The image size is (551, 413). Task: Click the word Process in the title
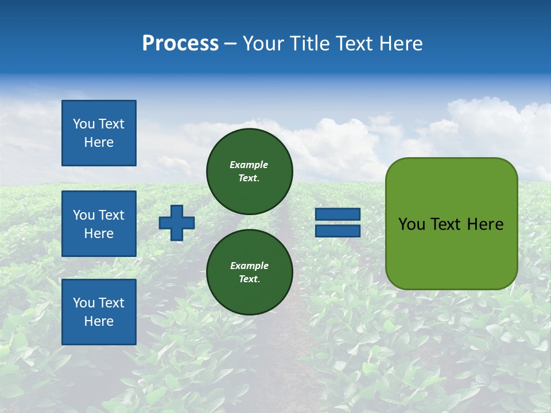[180, 44]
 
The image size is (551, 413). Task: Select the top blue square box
[99, 133]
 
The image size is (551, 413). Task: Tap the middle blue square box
[99, 224]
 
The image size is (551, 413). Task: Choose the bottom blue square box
[99, 311]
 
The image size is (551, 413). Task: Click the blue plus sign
[176, 223]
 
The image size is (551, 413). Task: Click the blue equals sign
[337, 223]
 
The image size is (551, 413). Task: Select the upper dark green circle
[250, 171]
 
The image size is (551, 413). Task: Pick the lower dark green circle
[250, 272]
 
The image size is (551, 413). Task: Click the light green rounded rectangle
[451, 224]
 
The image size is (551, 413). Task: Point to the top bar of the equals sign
[337, 215]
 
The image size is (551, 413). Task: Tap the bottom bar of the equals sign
[337, 231]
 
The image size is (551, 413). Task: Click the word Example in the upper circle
[249, 165]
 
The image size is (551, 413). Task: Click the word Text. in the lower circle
[249, 279]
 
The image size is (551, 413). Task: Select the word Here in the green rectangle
[485, 224]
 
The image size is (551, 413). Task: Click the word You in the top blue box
[83, 124]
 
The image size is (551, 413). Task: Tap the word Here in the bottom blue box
[99, 321]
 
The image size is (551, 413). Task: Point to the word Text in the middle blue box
[111, 215]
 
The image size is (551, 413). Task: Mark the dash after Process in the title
[231, 44]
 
